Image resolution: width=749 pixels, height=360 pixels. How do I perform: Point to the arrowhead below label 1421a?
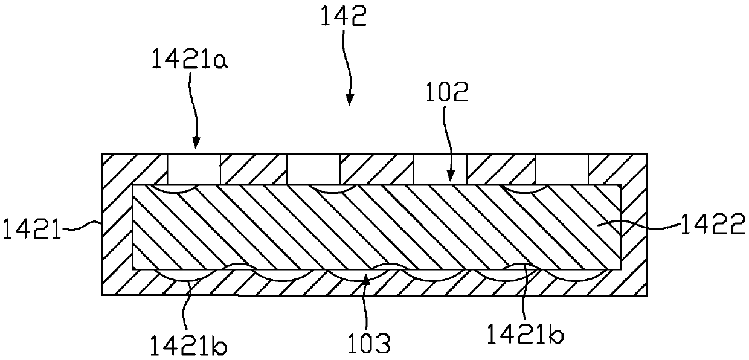pyautogui.click(x=194, y=144)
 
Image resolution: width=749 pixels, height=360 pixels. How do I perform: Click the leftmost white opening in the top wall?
pyautogui.click(x=193, y=169)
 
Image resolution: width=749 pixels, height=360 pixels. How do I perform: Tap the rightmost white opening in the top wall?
pyautogui.click(x=562, y=169)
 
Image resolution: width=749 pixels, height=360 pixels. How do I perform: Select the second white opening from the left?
pyautogui.click(x=313, y=169)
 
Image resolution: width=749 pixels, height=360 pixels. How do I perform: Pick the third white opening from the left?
pyautogui.click(x=440, y=169)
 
